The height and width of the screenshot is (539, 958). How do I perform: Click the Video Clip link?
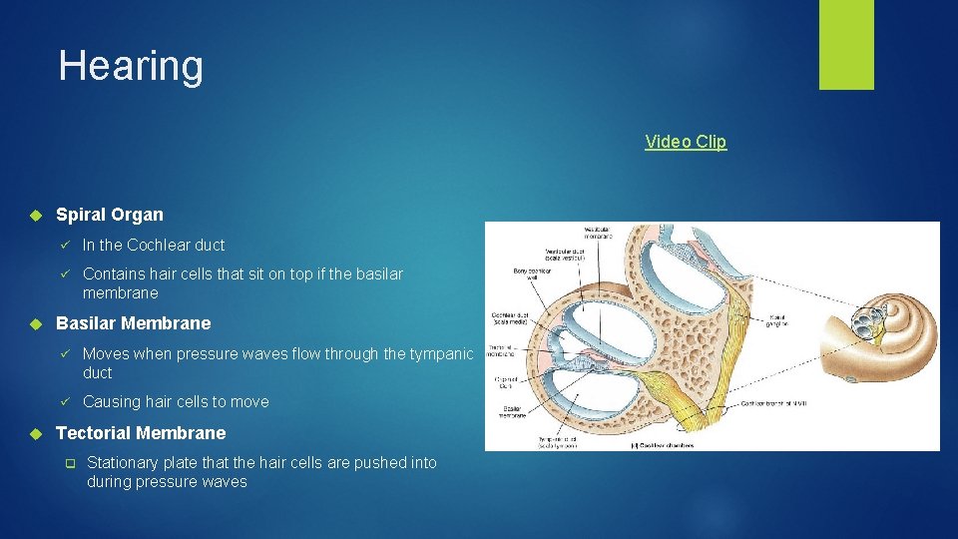[686, 142]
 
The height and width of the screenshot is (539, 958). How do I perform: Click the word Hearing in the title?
[131, 66]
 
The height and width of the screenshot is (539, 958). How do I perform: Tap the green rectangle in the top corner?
[846, 44]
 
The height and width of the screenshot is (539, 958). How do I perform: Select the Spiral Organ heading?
[110, 215]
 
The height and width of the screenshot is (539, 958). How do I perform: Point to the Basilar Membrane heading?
[134, 323]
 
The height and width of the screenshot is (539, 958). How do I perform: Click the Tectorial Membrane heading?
[141, 433]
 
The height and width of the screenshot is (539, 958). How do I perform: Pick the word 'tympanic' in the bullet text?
[441, 354]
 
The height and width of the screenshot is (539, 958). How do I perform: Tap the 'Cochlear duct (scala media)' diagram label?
[513, 320]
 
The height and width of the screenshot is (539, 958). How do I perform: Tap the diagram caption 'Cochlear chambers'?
[667, 444]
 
